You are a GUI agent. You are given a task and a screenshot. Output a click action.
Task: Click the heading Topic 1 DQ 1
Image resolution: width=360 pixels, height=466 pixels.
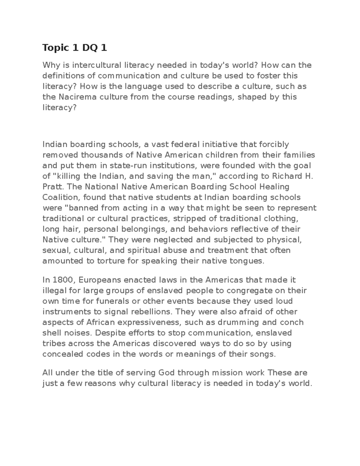pyautogui.click(x=75, y=48)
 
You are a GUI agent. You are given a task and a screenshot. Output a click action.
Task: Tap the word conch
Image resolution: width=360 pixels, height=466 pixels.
pyautogui.click(x=292, y=322)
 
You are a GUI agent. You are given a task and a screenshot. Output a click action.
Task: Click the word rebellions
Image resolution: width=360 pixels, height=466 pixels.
pyautogui.click(x=153, y=311)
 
